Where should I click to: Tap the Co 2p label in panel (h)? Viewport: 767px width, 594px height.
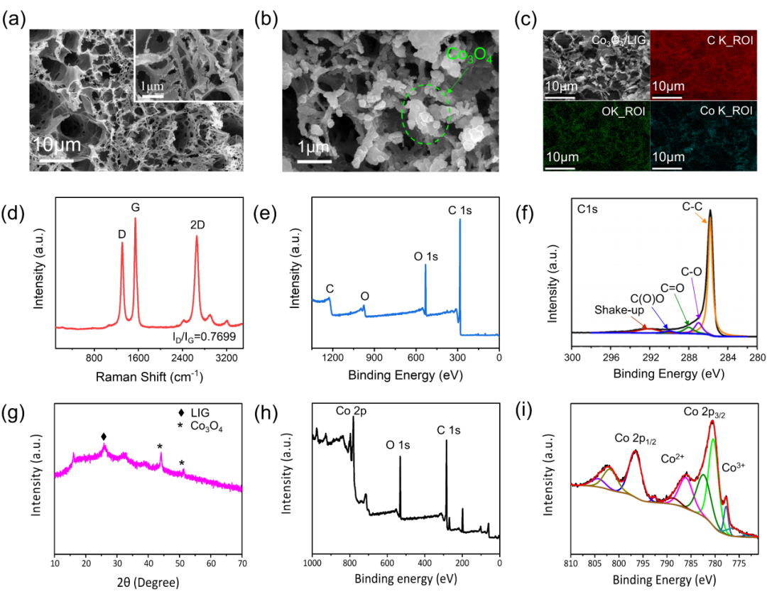pyautogui.click(x=351, y=412)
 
